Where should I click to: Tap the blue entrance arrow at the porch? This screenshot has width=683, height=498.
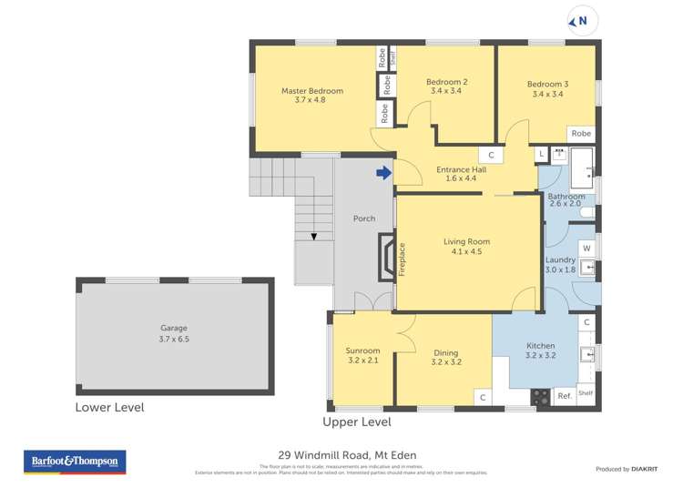point(384,172)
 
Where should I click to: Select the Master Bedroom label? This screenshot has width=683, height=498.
point(311,91)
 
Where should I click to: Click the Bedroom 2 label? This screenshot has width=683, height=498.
point(446,83)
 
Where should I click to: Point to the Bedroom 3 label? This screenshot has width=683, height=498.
point(545,85)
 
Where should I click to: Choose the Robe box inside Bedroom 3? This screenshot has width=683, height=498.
point(580,134)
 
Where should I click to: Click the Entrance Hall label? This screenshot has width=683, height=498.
point(461,169)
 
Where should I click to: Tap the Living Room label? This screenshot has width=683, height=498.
point(466,241)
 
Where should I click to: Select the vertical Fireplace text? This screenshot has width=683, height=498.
point(401,259)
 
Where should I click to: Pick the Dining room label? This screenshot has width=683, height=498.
point(445,353)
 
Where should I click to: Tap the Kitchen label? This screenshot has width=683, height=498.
point(540,346)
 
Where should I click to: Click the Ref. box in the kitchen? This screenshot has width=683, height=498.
point(564,395)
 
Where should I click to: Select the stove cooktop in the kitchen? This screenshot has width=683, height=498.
point(539,396)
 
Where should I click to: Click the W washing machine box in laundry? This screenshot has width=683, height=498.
point(586,249)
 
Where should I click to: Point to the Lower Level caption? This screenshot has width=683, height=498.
point(109,408)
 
